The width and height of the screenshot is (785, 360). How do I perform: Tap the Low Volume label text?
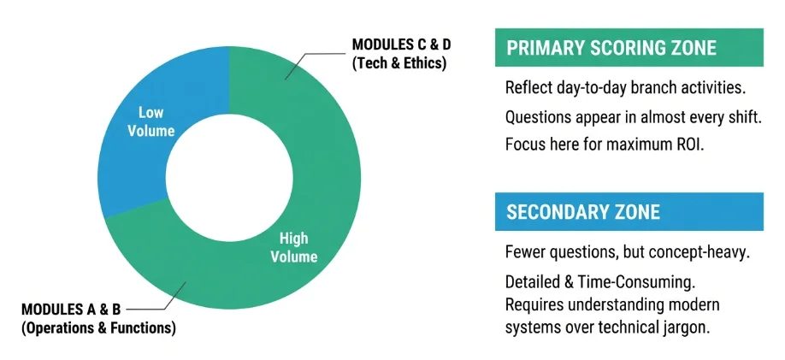(x=156, y=121)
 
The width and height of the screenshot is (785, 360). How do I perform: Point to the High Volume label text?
(x=293, y=248)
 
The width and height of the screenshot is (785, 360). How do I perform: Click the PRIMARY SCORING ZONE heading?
(x=611, y=48)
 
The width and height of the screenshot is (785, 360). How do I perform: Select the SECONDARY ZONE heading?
(x=583, y=211)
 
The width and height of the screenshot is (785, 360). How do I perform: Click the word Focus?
(x=524, y=144)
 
